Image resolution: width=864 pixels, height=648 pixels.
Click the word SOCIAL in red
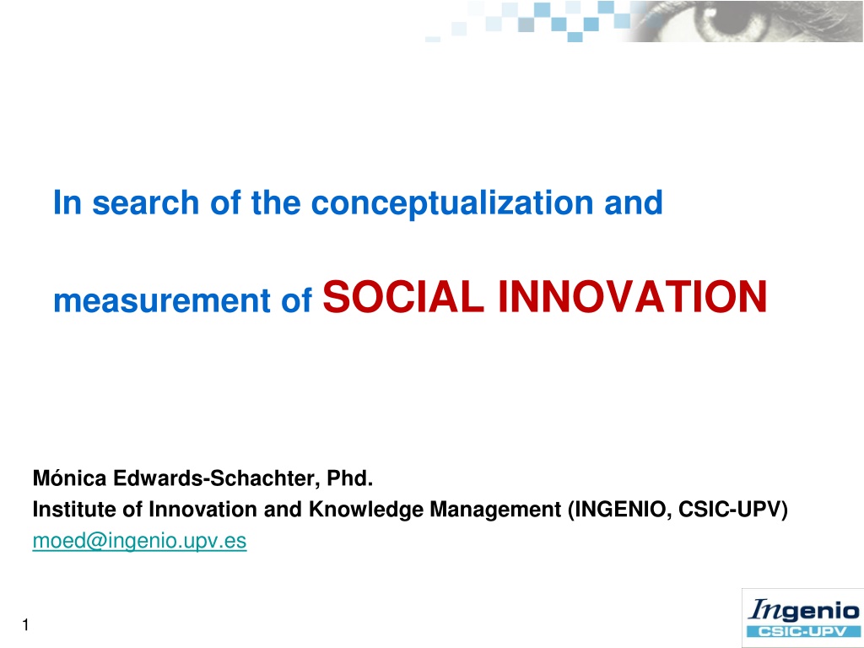(x=403, y=296)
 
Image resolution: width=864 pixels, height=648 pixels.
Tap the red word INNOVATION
(x=633, y=296)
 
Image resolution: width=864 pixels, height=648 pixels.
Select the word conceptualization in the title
(x=452, y=203)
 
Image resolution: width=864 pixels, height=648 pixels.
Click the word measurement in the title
(x=162, y=301)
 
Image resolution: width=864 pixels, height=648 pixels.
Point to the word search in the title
(x=145, y=202)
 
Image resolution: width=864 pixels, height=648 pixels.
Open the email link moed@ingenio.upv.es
(x=139, y=541)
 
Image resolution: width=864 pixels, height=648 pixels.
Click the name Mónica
(x=69, y=478)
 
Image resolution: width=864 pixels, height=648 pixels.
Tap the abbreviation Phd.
(x=350, y=478)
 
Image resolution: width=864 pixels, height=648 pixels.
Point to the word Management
(x=495, y=510)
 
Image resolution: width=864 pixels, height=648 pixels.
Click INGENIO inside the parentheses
(x=620, y=510)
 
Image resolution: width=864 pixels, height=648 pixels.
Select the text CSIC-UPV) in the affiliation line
(x=733, y=510)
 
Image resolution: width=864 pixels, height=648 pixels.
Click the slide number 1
(x=25, y=625)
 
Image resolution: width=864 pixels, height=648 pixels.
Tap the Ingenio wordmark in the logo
(x=804, y=611)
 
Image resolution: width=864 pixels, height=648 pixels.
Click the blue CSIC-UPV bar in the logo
(x=803, y=631)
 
